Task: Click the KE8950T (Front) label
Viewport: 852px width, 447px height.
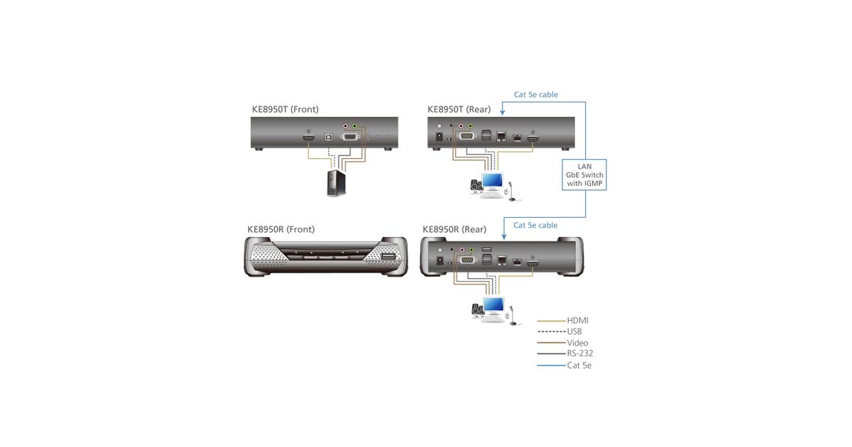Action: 285,109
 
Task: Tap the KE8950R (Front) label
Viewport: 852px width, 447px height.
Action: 280,229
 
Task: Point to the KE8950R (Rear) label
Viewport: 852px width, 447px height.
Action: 454,229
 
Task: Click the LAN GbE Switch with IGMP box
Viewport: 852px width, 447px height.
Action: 585,175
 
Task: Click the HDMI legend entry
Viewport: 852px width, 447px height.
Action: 577,321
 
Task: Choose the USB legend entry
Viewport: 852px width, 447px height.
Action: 575,331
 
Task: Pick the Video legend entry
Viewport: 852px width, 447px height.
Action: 577,343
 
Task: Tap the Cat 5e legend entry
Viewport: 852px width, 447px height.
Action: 579,365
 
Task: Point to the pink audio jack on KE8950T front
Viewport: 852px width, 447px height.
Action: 346,126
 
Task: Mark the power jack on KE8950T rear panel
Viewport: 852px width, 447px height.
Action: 439,136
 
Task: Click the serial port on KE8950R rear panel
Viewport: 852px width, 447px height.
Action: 468,260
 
